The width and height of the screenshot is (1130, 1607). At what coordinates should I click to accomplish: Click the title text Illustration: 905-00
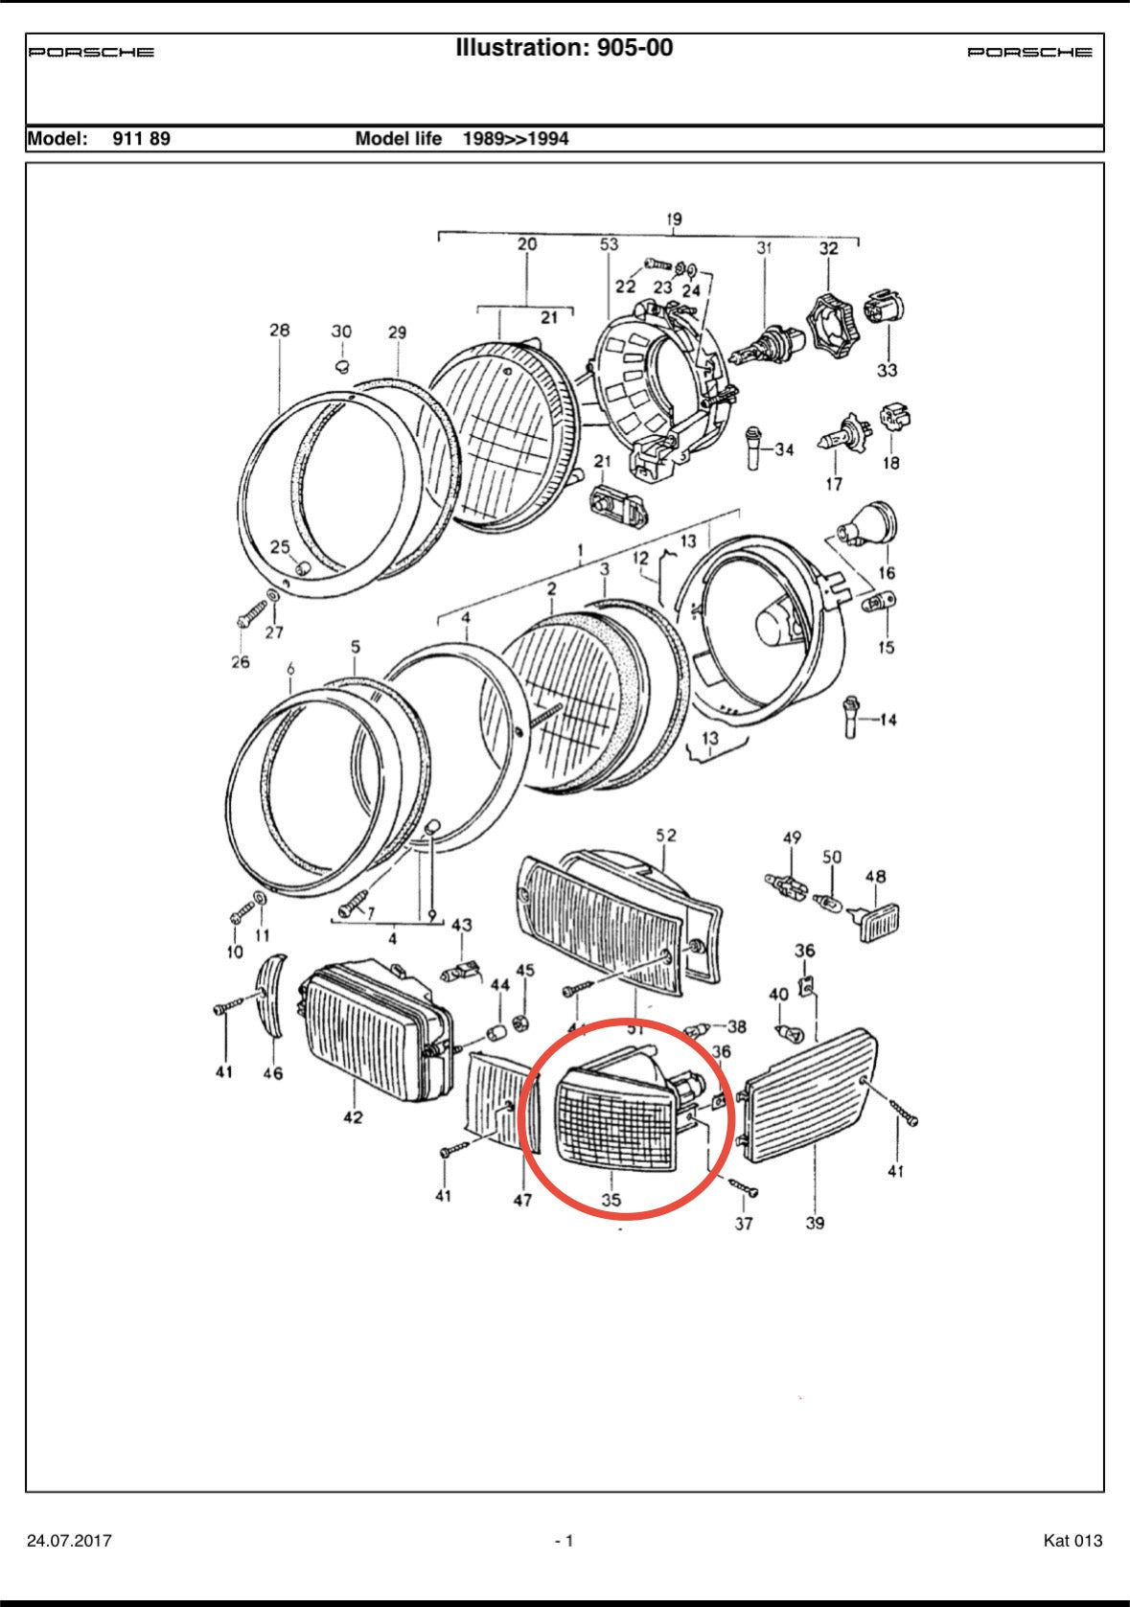[x=564, y=48]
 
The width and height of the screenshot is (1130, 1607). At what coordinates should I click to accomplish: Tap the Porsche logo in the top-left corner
[x=91, y=53]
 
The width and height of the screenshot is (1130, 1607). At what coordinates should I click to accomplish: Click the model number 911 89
[x=141, y=139]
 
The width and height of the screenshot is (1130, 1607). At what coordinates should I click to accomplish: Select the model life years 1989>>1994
[x=516, y=139]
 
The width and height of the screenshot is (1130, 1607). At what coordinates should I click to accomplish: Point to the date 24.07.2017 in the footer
[x=69, y=1541]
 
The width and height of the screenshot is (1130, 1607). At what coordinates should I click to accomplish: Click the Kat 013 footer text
[x=1072, y=1541]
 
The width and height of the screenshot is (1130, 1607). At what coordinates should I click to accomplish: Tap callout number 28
[x=279, y=331]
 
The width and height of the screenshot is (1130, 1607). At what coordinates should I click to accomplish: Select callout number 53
[x=610, y=244]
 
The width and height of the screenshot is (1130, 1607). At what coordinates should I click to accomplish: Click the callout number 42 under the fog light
[x=354, y=1116]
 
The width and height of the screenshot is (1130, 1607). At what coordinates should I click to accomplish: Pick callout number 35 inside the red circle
[x=611, y=1199]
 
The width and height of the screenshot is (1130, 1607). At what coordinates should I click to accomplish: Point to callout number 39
[x=815, y=1223]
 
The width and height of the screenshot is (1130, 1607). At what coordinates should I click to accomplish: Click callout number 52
[x=666, y=836]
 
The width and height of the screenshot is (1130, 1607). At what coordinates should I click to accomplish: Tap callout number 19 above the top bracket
[x=674, y=219]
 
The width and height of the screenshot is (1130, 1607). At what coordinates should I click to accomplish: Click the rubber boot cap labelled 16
[x=870, y=524]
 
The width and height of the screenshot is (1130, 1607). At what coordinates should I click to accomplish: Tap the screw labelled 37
[x=745, y=1188]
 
